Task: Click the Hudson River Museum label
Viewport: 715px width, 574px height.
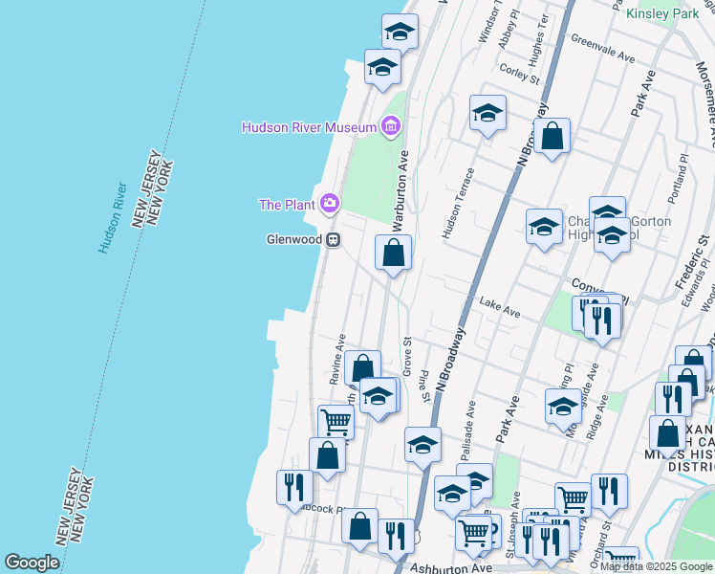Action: (x=309, y=126)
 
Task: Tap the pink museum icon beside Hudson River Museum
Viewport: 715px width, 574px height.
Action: (x=390, y=125)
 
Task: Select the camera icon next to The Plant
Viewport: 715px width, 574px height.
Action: (x=330, y=203)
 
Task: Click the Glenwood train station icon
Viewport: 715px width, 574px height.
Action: (x=333, y=240)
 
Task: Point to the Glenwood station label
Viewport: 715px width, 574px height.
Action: (x=292, y=240)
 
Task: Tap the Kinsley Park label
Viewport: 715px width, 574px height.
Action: (x=662, y=13)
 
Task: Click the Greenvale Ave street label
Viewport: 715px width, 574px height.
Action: (x=602, y=50)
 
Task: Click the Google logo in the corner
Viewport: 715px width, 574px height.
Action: (x=32, y=563)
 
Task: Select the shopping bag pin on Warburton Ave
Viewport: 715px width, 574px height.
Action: (x=393, y=254)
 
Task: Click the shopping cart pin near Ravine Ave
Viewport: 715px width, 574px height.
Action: (x=336, y=421)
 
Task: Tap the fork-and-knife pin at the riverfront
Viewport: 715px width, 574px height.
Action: (x=292, y=487)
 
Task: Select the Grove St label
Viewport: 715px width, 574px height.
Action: (x=407, y=354)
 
